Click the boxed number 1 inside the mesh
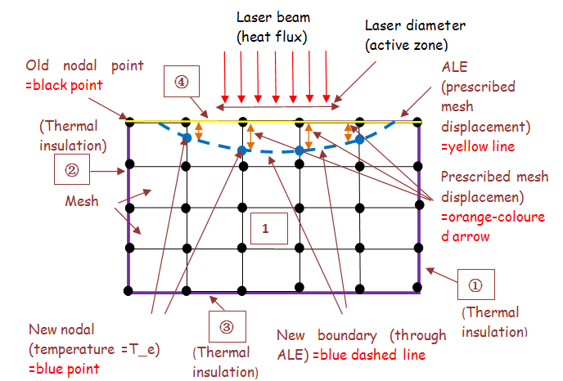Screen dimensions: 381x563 coord(265,230)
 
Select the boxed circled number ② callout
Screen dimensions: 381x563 coord(70,172)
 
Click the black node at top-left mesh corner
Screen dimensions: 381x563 coord(129,122)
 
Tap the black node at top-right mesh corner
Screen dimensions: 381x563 coord(418,122)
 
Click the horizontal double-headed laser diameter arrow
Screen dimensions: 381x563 coord(278,106)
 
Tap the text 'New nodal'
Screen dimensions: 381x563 coord(62,329)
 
